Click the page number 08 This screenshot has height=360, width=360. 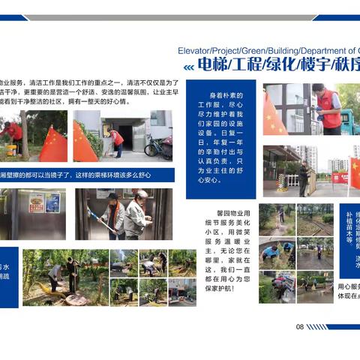click(x=299, y=326)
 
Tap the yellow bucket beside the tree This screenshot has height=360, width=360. click(x=10, y=148)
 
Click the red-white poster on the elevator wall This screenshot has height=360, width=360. click(x=36, y=202)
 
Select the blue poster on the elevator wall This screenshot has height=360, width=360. click(x=52, y=202)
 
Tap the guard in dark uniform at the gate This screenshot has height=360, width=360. click(x=303, y=178)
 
